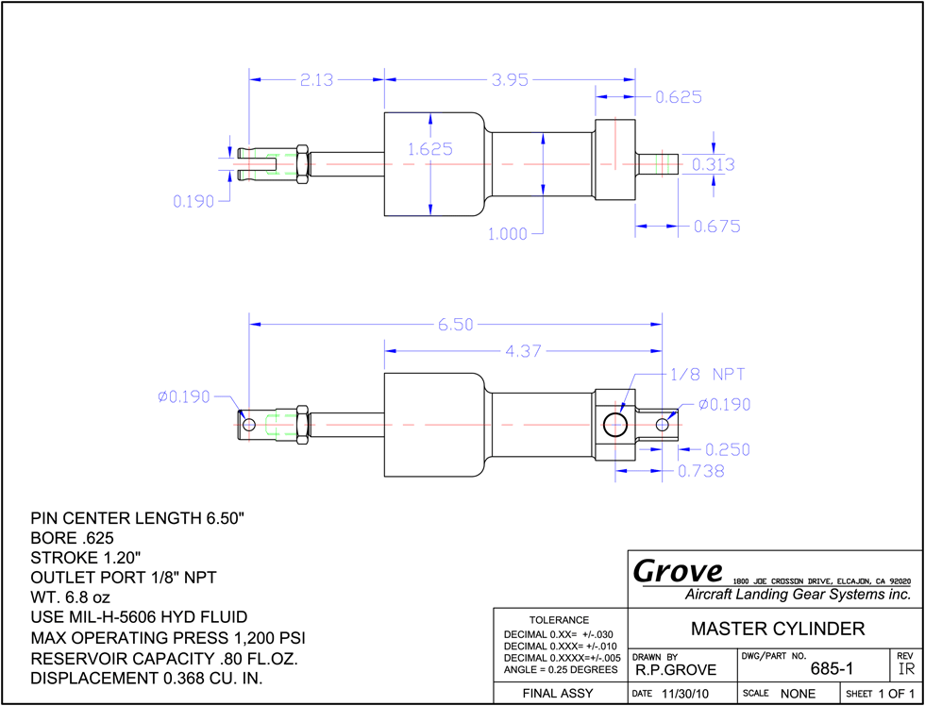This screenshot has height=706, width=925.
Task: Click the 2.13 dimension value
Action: pos(317,79)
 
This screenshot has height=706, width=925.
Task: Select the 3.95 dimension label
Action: pos(511,79)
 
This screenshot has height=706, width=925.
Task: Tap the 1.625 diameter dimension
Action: pos(430,149)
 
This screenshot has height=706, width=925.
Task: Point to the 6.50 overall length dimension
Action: pos(455,325)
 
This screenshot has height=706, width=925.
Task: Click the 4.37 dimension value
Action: pos(523,351)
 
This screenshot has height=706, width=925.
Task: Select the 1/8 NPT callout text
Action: pos(708,375)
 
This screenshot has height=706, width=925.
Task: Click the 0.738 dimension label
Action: pos(700,471)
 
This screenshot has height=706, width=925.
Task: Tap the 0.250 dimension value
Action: pos(728,450)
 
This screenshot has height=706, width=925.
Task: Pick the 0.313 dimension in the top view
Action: pos(714,164)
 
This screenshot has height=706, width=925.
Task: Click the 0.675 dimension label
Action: pos(716,227)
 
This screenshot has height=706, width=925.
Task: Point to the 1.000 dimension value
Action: pos(508,234)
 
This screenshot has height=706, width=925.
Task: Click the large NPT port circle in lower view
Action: pos(615,425)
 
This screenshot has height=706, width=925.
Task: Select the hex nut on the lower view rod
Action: pos(301,425)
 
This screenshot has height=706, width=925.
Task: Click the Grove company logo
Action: pos(678,571)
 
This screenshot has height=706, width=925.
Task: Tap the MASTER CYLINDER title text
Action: pos(778,629)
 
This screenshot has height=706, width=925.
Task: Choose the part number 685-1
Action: pos(832,669)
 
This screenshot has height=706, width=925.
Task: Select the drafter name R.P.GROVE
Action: pos(676,670)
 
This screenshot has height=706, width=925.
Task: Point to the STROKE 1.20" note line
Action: pos(86,558)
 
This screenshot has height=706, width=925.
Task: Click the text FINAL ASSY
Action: pos(558,694)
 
